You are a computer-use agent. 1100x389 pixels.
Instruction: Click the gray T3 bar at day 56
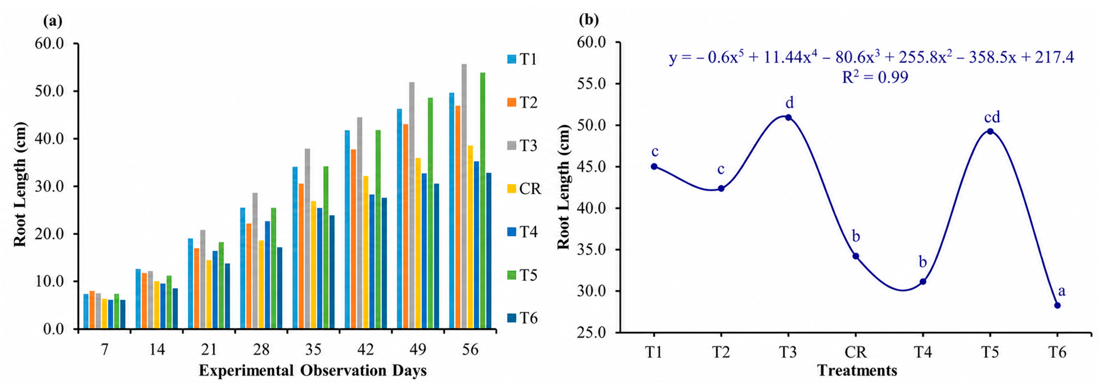[x=464, y=197]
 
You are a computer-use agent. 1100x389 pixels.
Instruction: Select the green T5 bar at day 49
[x=430, y=213]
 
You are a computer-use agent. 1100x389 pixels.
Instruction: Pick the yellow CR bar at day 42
[x=366, y=252]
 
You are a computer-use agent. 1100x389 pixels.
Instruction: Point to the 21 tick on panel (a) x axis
[x=209, y=350]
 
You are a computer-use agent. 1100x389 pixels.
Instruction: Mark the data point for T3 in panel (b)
[x=788, y=117]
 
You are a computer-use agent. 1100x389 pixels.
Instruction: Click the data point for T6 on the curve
[x=1057, y=305]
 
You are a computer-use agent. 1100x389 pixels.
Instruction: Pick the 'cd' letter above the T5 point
[x=992, y=116]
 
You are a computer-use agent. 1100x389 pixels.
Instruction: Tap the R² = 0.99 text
[x=875, y=77]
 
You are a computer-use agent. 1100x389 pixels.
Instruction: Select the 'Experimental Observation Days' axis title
[x=313, y=371]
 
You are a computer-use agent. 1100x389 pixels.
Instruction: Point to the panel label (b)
[x=588, y=19]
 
